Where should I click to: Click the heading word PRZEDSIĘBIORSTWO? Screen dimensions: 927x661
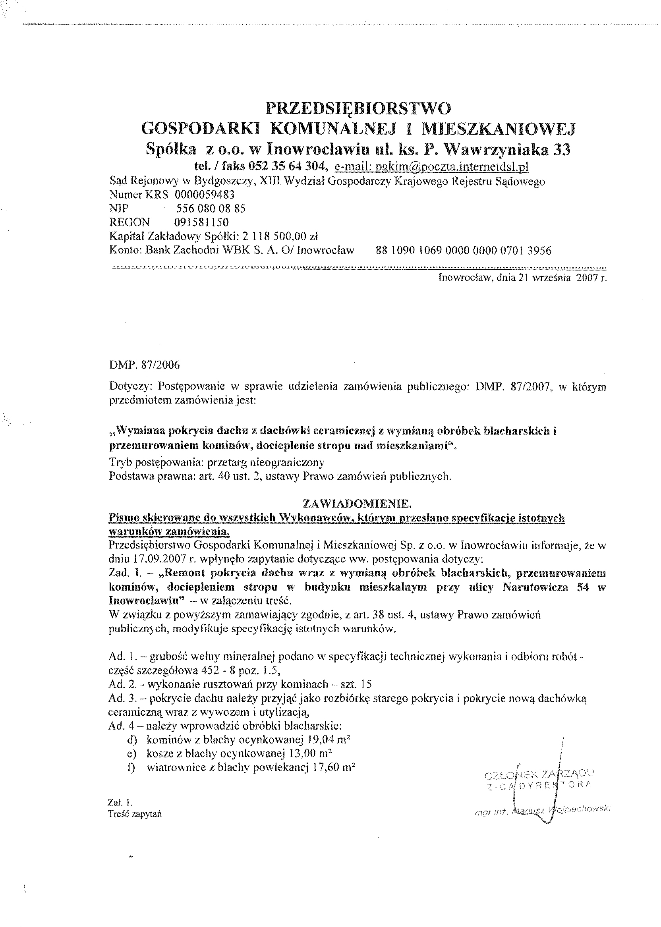(359, 109)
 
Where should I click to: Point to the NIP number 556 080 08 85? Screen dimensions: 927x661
(211, 209)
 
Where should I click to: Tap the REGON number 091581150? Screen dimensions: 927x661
(201, 222)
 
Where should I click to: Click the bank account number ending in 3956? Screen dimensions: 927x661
(464, 251)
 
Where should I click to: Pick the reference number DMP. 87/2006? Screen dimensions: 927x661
(145, 365)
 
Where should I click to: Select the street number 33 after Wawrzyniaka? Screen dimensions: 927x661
(562, 150)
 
